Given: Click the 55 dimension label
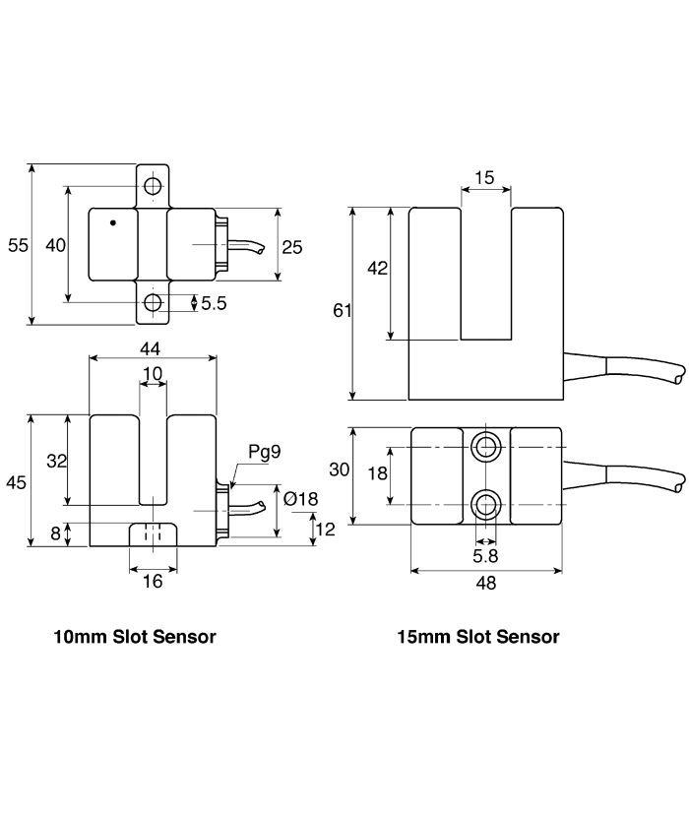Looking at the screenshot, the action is (x=18, y=245).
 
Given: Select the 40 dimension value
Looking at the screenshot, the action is (x=55, y=245).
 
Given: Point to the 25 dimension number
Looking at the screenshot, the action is (x=291, y=247).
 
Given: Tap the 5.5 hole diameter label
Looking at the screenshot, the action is (x=214, y=303).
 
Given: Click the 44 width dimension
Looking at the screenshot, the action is (x=150, y=348).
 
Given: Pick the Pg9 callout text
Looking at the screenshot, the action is (x=265, y=452).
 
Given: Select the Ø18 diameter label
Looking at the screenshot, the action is (x=300, y=499).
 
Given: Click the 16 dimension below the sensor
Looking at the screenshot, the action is (x=153, y=582).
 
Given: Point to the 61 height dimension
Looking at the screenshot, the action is (x=343, y=310).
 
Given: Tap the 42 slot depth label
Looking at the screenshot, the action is (x=377, y=269).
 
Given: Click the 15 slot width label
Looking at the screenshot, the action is (x=484, y=177).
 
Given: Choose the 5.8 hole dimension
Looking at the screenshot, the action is (x=485, y=556).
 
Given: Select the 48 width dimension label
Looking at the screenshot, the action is (x=486, y=583).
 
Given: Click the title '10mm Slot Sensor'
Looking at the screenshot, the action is (x=135, y=637).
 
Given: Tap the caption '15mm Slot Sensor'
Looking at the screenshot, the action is (x=478, y=637).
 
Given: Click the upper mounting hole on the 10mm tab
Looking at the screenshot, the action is (x=153, y=185).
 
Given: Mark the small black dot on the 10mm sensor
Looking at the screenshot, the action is (x=113, y=222).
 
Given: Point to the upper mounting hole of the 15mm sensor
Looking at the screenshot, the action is (x=486, y=447).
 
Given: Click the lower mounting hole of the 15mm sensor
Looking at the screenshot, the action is (x=486, y=504).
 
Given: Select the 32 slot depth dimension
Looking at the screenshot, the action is (x=56, y=461).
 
